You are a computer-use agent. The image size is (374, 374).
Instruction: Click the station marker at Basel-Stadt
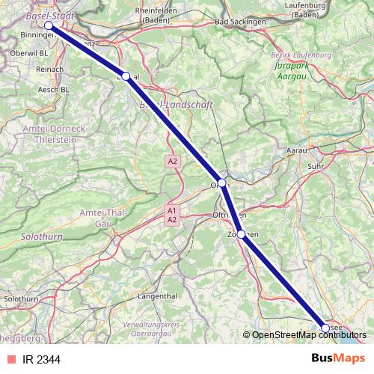point(49,25)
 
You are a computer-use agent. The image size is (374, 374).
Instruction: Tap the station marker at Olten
point(221,183)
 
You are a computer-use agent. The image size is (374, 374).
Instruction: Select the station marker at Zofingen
point(240,234)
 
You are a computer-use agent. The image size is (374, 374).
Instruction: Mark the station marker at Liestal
point(126,76)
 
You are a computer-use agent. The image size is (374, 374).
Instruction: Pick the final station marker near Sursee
point(325,328)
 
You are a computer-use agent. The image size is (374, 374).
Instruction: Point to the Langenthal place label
point(157,296)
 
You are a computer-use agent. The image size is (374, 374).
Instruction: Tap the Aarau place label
point(298,151)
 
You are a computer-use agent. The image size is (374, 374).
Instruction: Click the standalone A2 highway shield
point(173,161)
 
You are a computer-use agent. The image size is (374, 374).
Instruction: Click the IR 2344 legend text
point(41,360)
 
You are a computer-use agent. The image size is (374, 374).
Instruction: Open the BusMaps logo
point(338,358)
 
